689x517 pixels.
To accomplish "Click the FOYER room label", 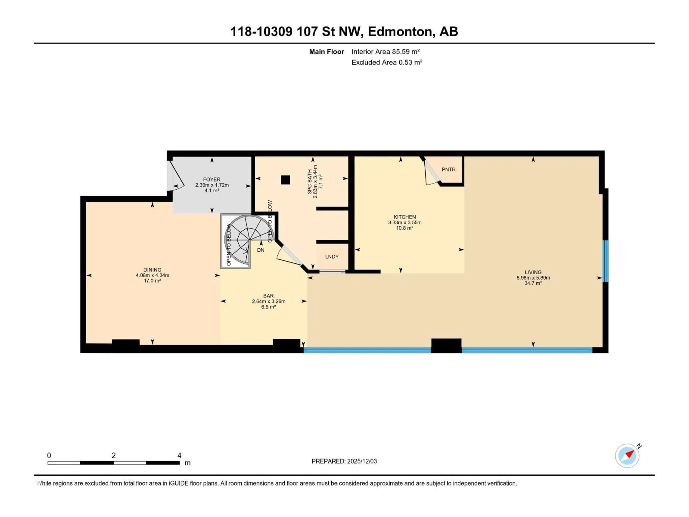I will pyautogui.click(x=212, y=180).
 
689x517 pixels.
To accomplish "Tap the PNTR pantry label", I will pyautogui.click(x=449, y=169).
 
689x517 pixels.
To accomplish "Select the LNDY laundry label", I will pyautogui.click(x=332, y=257).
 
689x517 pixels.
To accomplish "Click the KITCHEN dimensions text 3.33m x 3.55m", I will pyautogui.click(x=405, y=222).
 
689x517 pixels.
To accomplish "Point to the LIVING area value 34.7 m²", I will pyautogui.click(x=533, y=283).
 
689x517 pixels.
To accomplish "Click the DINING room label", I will pyautogui.click(x=152, y=270).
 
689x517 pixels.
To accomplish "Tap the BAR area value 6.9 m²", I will pyautogui.click(x=268, y=307).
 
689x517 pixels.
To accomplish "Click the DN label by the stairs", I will pyautogui.click(x=261, y=250).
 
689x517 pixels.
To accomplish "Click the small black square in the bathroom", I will pyautogui.click(x=285, y=180).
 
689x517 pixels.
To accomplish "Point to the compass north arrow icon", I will pyautogui.click(x=627, y=456).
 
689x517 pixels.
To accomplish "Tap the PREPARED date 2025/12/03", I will pyautogui.click(x=362, y=461).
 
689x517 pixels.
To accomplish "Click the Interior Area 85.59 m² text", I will pyautogui.click(x=386, y=52).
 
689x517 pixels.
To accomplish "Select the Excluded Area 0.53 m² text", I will pyautogui.click(x=387, y=62).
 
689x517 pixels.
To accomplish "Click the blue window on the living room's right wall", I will pyautogui.click(x=605, y=261).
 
